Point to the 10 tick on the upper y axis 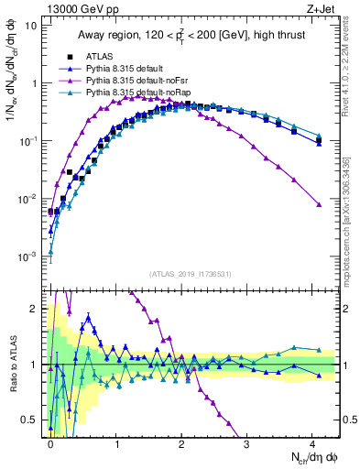tap(33, 25)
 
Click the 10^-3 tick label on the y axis tap(29, 256)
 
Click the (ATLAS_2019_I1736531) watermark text tap(191, 275)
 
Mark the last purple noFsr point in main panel tap(318, 204)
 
